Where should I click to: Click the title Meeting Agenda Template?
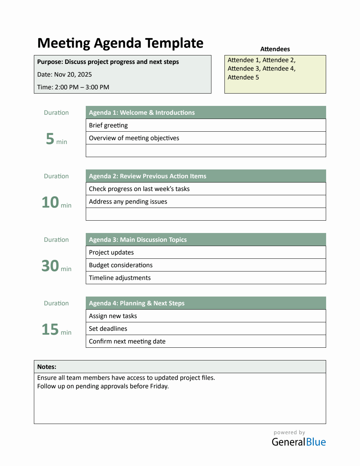(x=120, y=43)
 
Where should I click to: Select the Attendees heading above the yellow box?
(x=275, y=49)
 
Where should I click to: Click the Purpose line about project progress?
(x=108, y=62)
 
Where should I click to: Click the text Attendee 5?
(x=243, y=77)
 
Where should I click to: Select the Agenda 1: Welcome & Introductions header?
(x=142, y=113)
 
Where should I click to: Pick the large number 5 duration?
(x=50, y=139)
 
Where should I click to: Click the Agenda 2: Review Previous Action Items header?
(x=148, y=176)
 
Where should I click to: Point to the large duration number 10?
(x=50, y=202)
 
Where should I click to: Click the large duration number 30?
(x=50, y=266)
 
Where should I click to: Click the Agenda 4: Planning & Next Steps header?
(x=137, y=303)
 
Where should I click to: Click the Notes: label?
(x=47, y=367)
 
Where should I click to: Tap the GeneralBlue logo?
(x=299, y=442)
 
